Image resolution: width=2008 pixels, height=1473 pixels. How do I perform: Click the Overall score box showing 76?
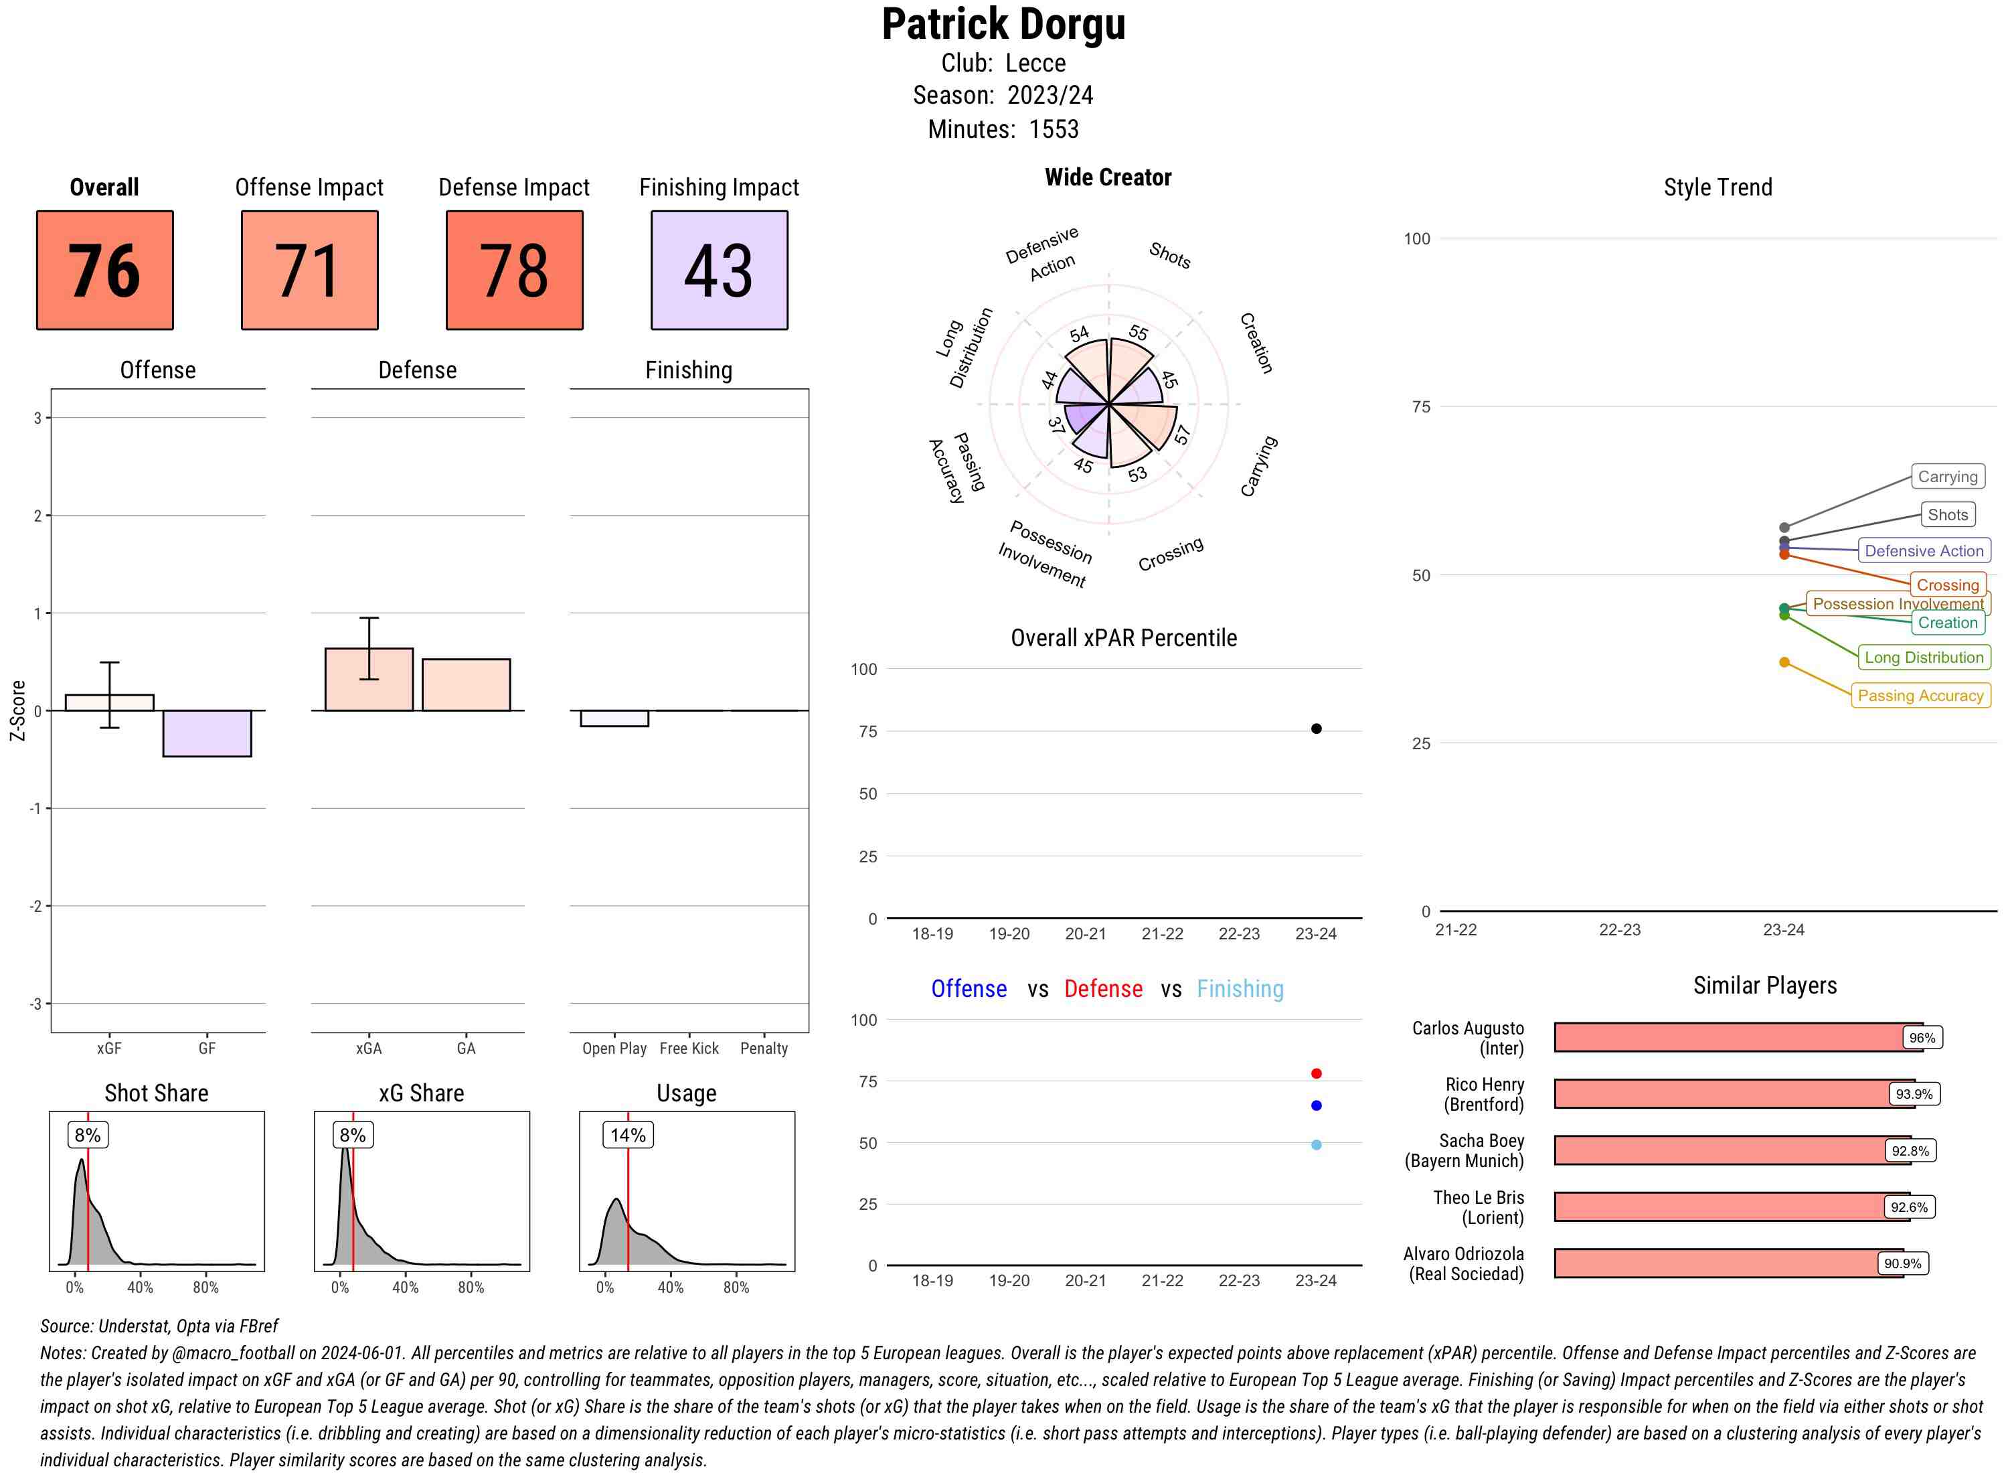pos(104,270)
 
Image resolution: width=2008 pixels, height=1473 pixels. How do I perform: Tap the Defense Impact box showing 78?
pos(514,270)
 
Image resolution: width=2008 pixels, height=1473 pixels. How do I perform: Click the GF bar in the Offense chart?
pos(207,733)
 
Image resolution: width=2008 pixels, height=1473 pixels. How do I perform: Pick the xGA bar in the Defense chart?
pos(369,680)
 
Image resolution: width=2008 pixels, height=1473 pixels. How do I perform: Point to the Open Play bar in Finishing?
pos(614,718)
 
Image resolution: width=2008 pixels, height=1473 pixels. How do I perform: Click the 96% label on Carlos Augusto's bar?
pos(1922,1038)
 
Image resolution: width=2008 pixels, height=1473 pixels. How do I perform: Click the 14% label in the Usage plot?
pos(627,1135)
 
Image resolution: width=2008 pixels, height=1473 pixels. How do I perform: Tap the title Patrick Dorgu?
pos(1003,24)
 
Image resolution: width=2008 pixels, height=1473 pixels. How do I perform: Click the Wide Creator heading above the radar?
pos(1108,177)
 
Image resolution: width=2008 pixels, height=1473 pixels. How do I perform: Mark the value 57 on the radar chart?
pos(1182,435)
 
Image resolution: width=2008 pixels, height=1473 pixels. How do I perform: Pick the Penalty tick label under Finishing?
pos(764,1049)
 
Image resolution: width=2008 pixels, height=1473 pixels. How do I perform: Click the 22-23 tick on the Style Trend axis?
pos(1619,930)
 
